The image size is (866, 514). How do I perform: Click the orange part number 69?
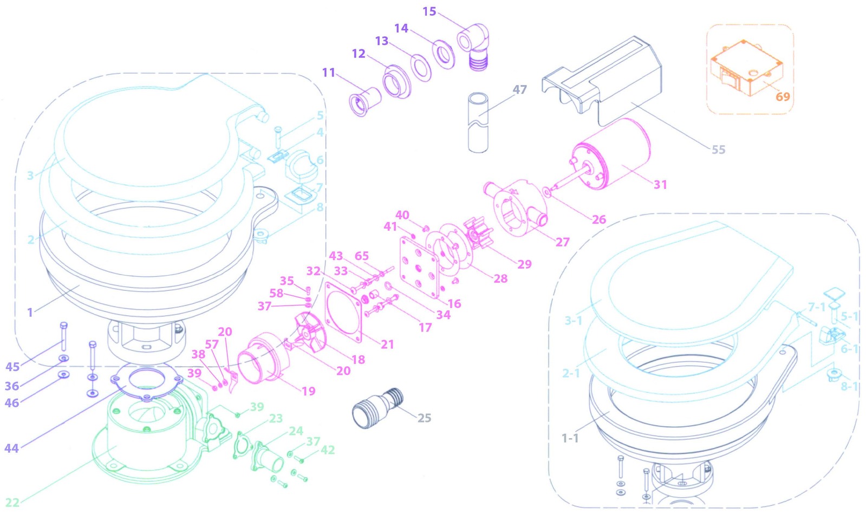click(x=783, y=97)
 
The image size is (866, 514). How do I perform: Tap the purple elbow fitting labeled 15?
click(x=473, y=46)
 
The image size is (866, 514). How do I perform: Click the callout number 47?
click(x=519, y=89)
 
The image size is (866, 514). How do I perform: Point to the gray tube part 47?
click(x=477, y=122)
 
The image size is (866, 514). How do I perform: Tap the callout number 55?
click(x=718, y=149)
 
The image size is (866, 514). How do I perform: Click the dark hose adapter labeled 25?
click(x=377, y=408)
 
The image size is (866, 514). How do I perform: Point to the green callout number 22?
click(x=12, y=502)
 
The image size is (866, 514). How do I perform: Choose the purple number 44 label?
click(x=11, y=448)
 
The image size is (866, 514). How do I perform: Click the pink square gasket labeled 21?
click(x=343, y=311)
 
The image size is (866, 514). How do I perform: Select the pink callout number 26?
click(x=598, y=219)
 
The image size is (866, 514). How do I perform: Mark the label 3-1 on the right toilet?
click(x=573, y=320)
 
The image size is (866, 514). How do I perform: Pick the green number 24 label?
click(x=296, y=431)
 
